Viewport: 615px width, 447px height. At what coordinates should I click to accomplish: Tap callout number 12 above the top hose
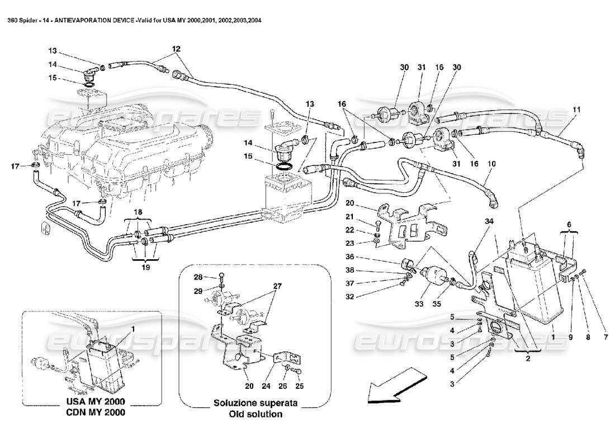[177, 49]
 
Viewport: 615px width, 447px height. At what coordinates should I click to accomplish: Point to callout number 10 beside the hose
[492, 164]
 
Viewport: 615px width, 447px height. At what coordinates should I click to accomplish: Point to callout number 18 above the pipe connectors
[138, 212]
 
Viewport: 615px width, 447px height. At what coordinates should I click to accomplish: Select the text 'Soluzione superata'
[254, 403]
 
